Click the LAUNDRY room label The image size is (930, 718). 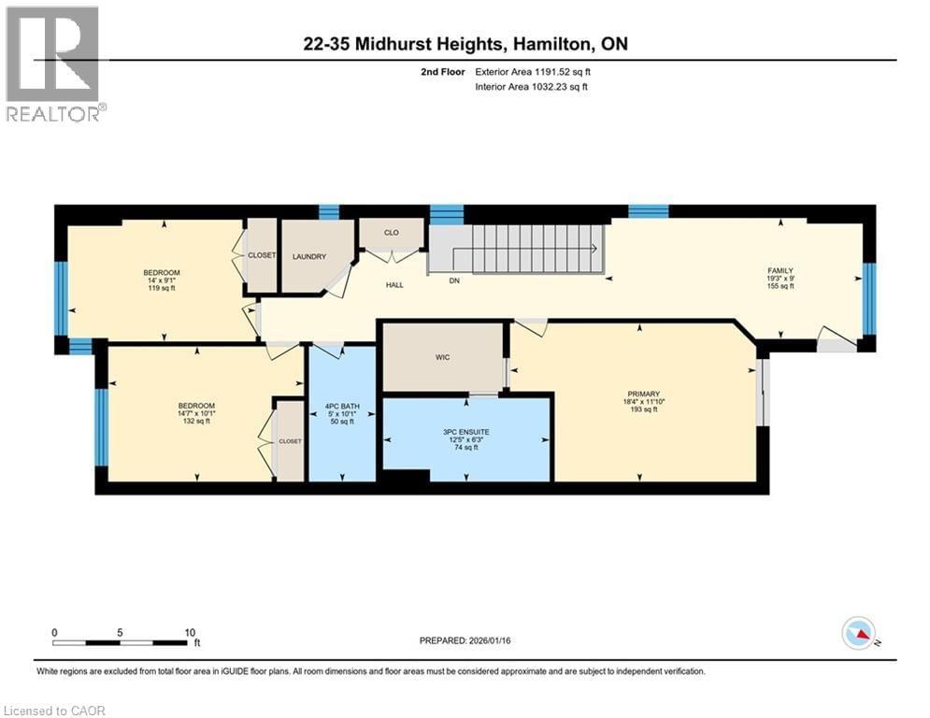pyautogui.click(x=308, y=256)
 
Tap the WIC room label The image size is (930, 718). pyautogui.click(x=443, y=357)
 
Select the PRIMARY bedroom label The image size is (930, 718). pyautogui.click(x=643, y=394)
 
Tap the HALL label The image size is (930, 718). pyautogui.click(x=394, y=284)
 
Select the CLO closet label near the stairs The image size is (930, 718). pyautogui.click(x=391, y=233)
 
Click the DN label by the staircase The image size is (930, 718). pyautogui.click(x=455, y=280)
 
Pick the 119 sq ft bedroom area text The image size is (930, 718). pyautogui.click(x=161, y=289)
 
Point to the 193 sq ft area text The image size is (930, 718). pyautogui.click(x=643, y=409)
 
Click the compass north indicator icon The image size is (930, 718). pyautogui.click(x=857, y=634)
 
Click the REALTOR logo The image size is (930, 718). pyautogui.click(x=52, y=63)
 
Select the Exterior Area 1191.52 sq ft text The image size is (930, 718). pyautogui.click(x=532, y=71)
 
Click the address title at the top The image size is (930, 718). pyautogui.click(x=465, y=44)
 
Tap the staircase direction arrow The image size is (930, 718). pyautogui.click(x=594, y=248)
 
